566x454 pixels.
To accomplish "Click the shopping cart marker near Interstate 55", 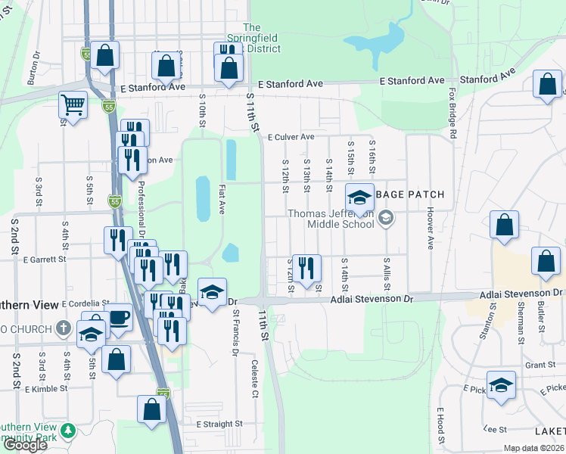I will [73, 104].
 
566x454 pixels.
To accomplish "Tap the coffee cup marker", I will [118, 317].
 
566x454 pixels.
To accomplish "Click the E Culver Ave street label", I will [291, 137].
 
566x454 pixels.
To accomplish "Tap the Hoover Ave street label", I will [430, 228].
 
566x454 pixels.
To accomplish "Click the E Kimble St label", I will [46, 389].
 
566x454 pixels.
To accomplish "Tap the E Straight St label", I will [219, 424].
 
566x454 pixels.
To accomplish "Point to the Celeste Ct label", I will [254, 378].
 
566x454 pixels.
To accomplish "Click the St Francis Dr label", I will [235, 331].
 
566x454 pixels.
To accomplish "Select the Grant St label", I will [540, 365].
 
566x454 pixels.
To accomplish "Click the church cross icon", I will [64, 328].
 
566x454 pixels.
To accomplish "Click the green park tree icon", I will [69, 431].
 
